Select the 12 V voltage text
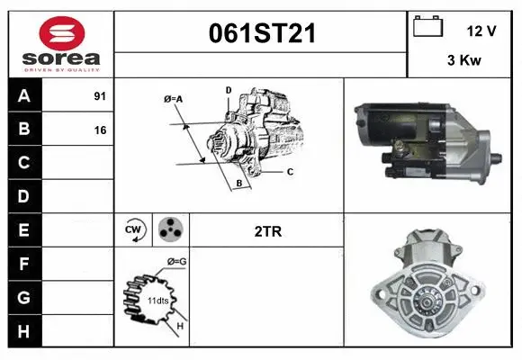481,31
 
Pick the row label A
24,95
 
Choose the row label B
24,129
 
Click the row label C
24,163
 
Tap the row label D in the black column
24,196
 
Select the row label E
24,230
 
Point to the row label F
24,264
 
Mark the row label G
24,297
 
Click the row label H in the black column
24,331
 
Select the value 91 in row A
100,96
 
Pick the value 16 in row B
100,130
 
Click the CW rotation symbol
134,230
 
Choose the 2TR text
268,230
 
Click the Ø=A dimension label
174,98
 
